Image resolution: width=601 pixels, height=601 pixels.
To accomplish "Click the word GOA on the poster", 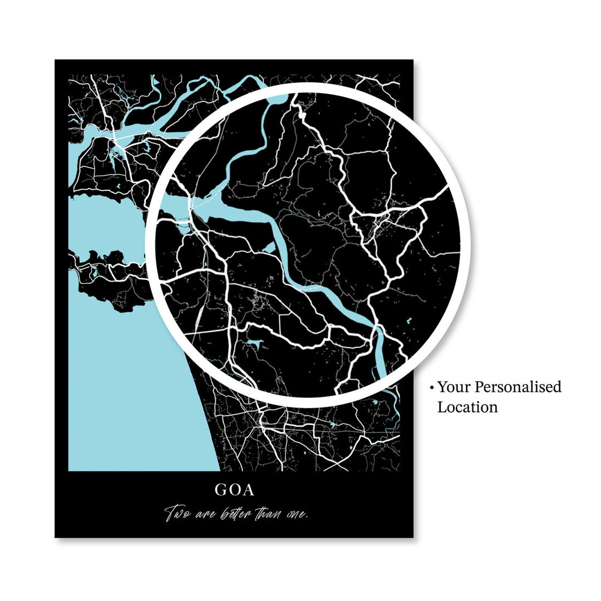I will pyautogui.click(x=234, y=490).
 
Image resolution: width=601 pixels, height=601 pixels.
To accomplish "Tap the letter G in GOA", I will pyautogui.click(x=221, y=490).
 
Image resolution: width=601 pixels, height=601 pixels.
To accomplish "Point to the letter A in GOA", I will pyautogui.click(x=248, y=490).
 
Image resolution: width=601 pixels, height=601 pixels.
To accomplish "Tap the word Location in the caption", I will pyautogui.click(x=467, y=407).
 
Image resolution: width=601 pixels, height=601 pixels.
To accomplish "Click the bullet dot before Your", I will pyautogui.click(x=431, y=387).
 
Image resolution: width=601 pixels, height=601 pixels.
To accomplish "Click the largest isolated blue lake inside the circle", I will pyautogui.click(x=254, y=343).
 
